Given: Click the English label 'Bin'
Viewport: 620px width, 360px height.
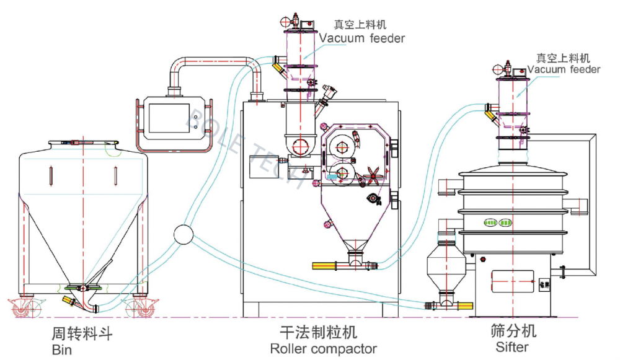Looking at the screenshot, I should coord(62,350).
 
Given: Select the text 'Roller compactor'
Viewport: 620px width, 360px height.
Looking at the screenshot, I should coord(323,349).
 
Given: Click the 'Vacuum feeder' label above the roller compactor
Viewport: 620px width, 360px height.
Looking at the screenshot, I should coord(362,38).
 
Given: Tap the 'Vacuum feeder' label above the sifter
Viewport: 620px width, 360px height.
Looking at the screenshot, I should coord(564,69).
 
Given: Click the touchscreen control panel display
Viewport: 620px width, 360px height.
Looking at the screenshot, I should coord(168,118).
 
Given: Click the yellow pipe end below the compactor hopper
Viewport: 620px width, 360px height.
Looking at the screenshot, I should coord(323,266).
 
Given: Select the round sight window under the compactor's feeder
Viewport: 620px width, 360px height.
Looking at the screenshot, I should coord(301,147).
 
